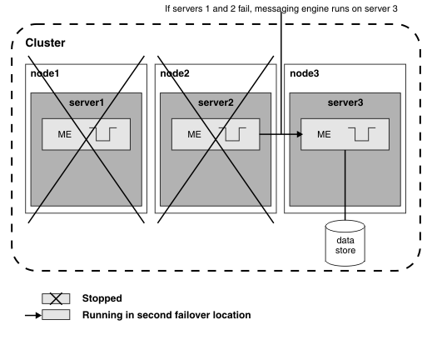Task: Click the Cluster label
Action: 45,43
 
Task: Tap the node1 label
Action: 45,73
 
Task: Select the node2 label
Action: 175,73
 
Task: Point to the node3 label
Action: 305,73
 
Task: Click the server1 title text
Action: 87,102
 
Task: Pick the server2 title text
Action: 216,102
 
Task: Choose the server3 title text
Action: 345,102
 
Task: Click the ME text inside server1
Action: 65,134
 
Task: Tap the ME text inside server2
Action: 194,134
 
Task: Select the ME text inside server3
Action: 324,134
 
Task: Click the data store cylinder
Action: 345,243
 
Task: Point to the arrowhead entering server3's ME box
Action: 300,134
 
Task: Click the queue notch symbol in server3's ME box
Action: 361,134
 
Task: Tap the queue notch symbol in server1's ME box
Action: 103,134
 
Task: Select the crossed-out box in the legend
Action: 56,298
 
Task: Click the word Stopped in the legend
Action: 102,298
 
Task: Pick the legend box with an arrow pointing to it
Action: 56,315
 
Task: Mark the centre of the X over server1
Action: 87,139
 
